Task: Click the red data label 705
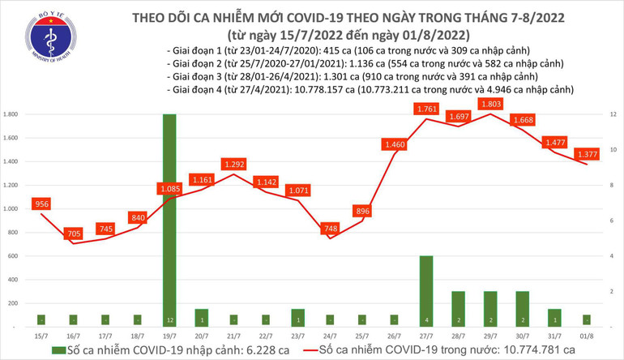coord(74,234)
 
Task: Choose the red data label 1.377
coord(588,154)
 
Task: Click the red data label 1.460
coord(394,145)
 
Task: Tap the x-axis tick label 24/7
coord(330,334)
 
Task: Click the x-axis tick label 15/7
coord(41,334)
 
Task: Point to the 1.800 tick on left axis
coord(11,114)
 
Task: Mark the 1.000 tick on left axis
coord(11,208)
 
